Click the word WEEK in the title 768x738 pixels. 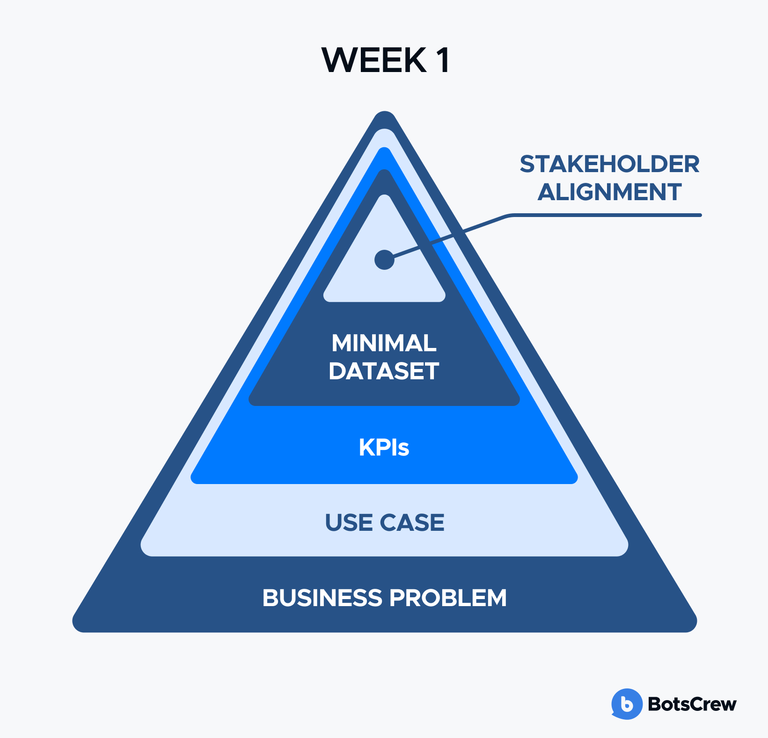point(374,60)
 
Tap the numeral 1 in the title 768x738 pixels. point(443,60)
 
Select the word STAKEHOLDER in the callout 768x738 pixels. point(609,164)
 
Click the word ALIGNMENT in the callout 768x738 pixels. point(609,192)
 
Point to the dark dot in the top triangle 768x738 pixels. point(385,260)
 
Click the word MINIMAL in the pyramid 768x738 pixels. point(384,343)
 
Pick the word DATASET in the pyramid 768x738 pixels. point(384,371)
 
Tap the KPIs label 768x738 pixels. point(384,447)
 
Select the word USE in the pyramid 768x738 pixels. point(349,522)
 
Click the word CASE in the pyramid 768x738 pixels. point(412,522)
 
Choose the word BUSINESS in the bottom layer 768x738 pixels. point(322,598)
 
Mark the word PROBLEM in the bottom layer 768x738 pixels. point(448,598)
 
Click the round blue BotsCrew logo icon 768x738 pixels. point(627,704)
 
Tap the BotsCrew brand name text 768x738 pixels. point(692,704)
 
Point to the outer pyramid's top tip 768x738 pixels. point(385,112)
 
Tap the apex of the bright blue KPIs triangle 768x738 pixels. point(385,148)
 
